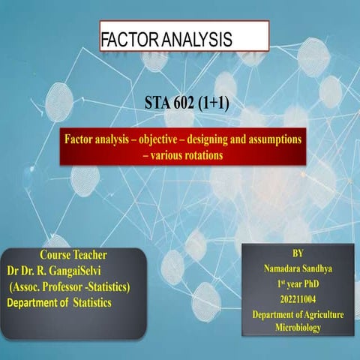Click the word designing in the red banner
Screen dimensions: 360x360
[x=217, y=141]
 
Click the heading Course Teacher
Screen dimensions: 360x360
[x=73, y=253]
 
